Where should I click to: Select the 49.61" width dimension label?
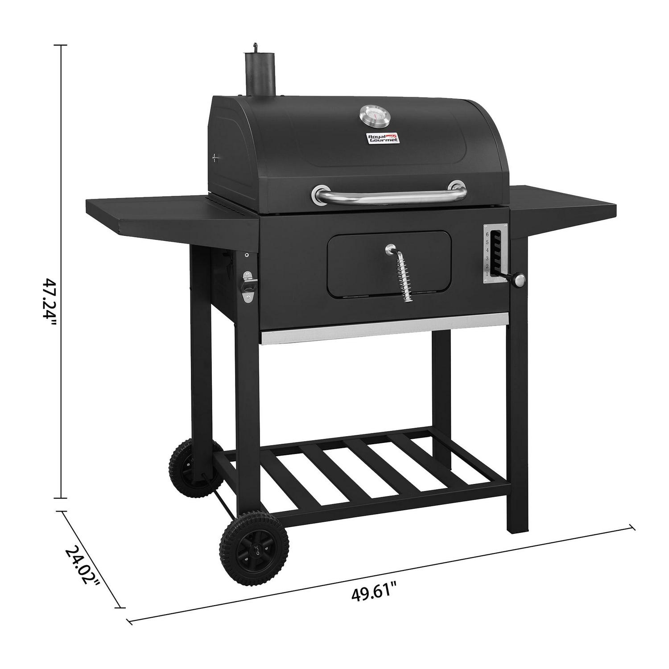374,593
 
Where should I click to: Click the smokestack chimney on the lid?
256,74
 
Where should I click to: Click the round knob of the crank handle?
520,280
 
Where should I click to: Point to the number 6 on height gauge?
487,234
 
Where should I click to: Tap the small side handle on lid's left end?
216,157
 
